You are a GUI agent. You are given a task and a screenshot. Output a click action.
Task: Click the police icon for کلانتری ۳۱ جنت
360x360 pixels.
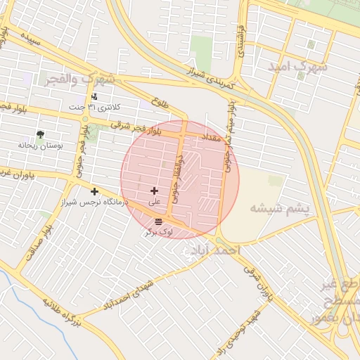click(94, 96)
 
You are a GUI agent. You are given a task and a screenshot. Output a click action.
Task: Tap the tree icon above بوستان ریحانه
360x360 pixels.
click(40, 134)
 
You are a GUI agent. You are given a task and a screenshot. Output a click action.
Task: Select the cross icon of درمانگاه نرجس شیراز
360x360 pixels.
click(94, 191)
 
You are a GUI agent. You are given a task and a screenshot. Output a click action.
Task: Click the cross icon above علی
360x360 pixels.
click(154, 191)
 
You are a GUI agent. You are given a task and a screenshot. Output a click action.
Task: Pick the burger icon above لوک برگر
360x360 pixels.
click(157, 221)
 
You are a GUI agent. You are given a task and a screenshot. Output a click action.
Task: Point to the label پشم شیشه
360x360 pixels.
click(277, 208)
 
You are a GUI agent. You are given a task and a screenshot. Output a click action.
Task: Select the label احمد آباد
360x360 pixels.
click(214, 251)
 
